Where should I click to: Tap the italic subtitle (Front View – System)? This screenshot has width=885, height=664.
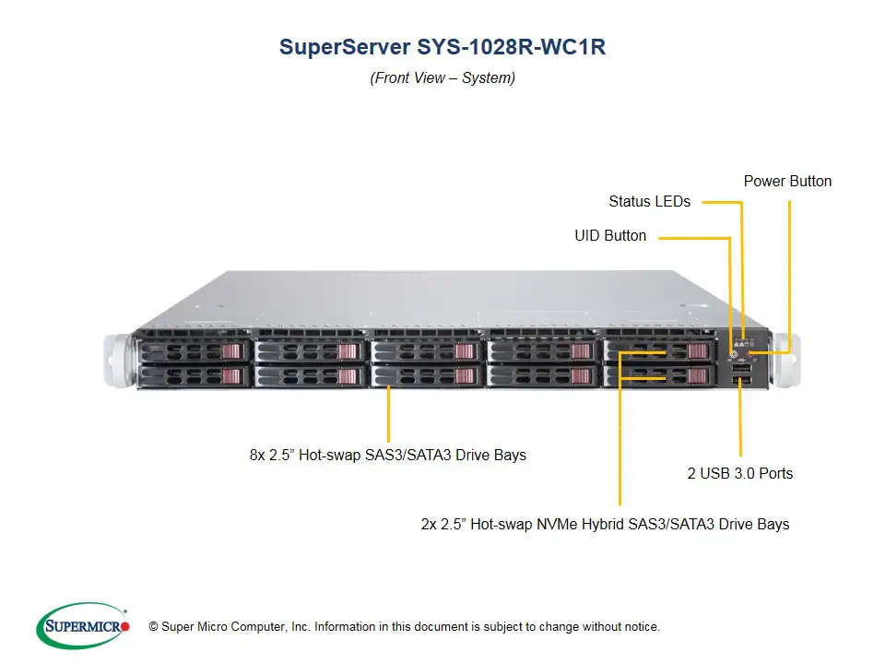(x=442, y=78)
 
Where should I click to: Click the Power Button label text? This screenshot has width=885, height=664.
(x=787, y=182)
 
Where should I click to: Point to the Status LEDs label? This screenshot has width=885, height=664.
(x=649, y=201)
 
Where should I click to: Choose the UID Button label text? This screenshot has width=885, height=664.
(x=610, y=236)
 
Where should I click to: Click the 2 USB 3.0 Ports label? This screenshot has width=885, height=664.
(x=739, y=473)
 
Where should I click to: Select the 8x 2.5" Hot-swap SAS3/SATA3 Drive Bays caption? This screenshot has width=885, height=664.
(x=387, y=455)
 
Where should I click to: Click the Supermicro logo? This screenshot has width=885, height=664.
(x=83, y=626)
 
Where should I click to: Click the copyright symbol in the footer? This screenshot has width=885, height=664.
(x=153, y=627)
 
